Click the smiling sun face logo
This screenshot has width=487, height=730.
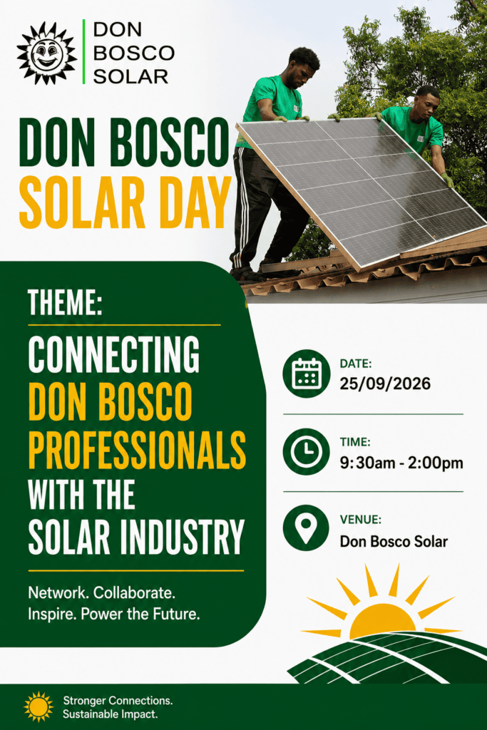pyautogui.click(x=47, y=53)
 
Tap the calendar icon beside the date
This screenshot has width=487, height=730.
pyautogui.click(x=307, y=374)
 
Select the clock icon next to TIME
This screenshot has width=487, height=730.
pyautogui.click(x=307, y=451)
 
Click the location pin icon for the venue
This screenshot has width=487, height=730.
pyautogui.click(x=307, y=528)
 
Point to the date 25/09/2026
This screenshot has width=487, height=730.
pyautogui.click(x=385, y=384)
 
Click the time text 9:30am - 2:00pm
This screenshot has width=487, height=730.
pyautogui.click(x=401, y=463)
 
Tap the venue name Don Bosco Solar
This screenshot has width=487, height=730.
pyautogui.click(x=394, y=542)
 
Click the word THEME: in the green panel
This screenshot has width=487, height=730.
pyautogui.click(x=65, y=302)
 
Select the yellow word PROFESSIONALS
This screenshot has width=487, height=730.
pyautogui.click(x=137, y=450)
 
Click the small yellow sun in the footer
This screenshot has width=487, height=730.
pyautogui.click(x=39, y=706)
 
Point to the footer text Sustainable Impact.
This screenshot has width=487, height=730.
pyautogui.click(x=111, y=714)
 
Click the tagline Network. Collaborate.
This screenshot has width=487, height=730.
pyautogui.click(x=101, y=592)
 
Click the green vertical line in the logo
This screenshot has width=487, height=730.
pyautogui.click(x=84, y=51)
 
